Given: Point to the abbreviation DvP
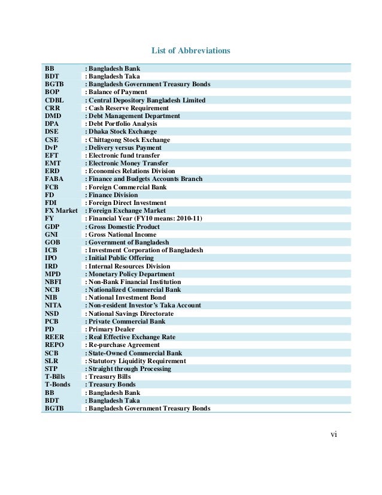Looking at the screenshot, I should pyautogui.click(x=52, y=147).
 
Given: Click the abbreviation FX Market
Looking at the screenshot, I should pyautogui.click(x=61, y=210).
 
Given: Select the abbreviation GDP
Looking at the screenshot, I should pyautogui.click(x=53, y=227).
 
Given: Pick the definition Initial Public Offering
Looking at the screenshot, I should pyautogui.click(x=120, y=258).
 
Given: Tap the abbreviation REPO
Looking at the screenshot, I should pyautogui.click(x=54, y=345).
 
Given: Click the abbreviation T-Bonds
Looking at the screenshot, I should pyautogui.click(x=57, y=385).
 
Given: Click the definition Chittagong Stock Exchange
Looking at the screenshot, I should pyautogui.click(x=129, y=140).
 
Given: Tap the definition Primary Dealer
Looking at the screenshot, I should pyautogui.click(x=111, y=329).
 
